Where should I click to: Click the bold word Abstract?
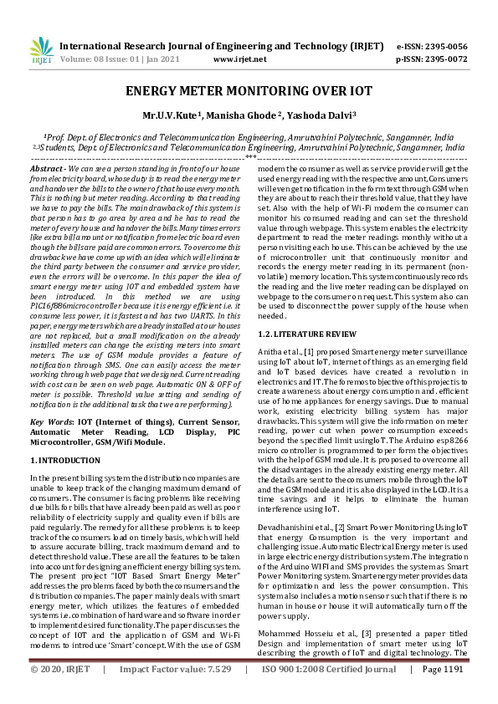[47, 169]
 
